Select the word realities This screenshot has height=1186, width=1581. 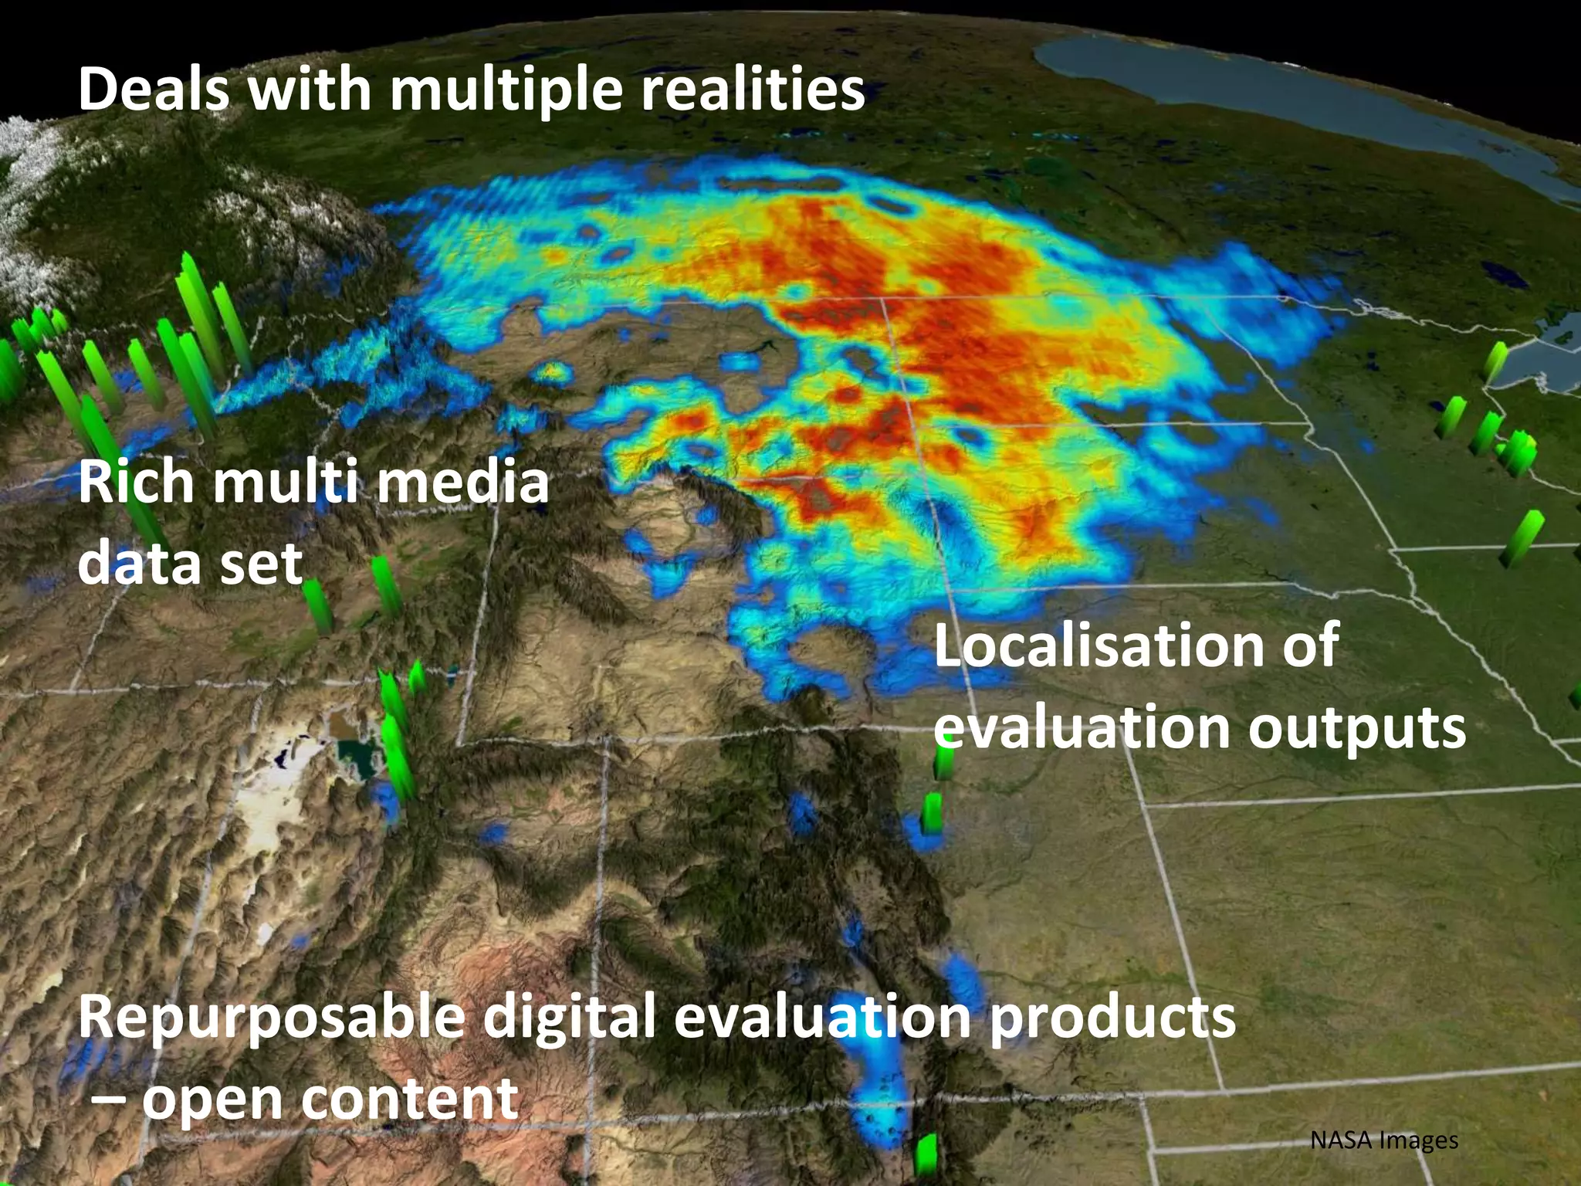click(753, 89)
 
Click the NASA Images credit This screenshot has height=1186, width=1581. click(1384, 1140)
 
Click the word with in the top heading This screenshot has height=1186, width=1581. click(309, 89)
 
